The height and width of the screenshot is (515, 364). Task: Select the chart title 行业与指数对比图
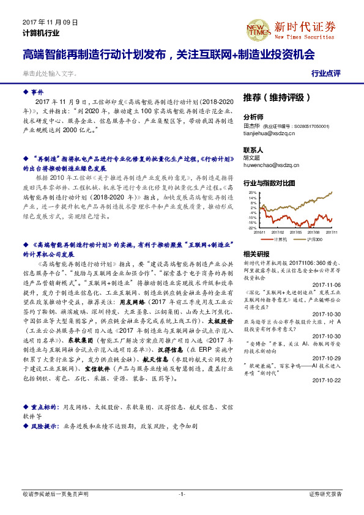(269, 183)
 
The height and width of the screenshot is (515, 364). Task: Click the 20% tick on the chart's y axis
(252, 193)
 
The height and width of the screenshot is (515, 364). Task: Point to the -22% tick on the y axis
(251, 228)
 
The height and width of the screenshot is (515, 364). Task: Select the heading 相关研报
(256, 253)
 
